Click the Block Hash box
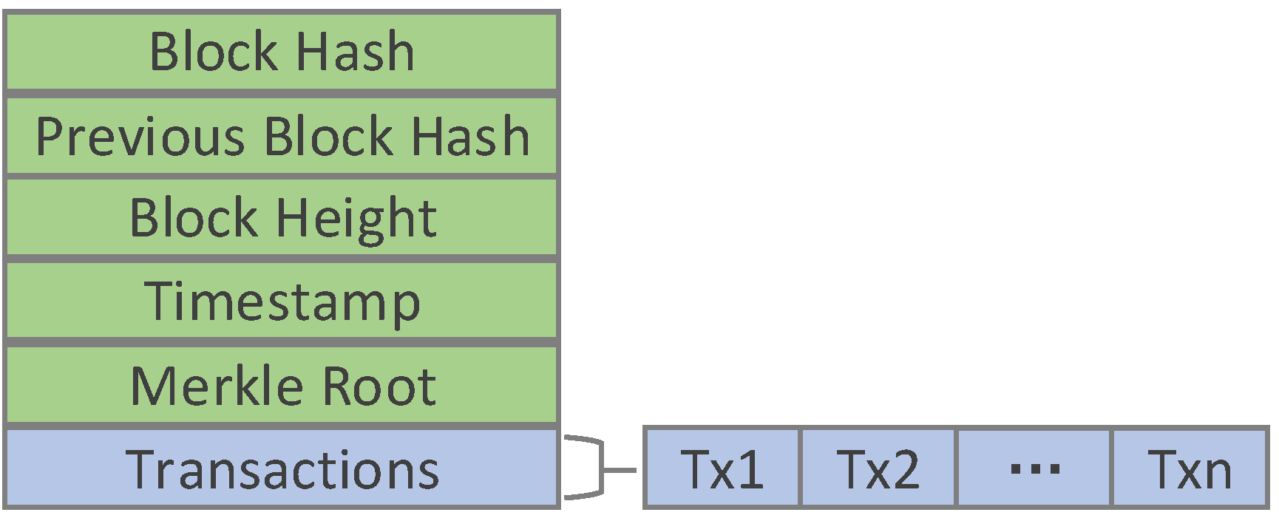(x=281, y=52)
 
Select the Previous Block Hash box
(x=281, y=136)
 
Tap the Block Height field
(x=281, y=219)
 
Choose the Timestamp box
(x=281, y=301)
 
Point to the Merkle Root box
(x=281, y=386)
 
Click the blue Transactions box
(x=281, y=468)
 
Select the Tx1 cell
(x=722, y=468)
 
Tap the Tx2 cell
(x=878, y=468)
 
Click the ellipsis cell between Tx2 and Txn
(x=1034, y=468)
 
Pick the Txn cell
(x=1190, y=468)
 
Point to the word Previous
(x=140, y=137)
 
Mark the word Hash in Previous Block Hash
(x=470, y=137)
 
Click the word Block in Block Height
(x=192, y=218)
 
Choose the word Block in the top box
(x=213, y=52)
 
